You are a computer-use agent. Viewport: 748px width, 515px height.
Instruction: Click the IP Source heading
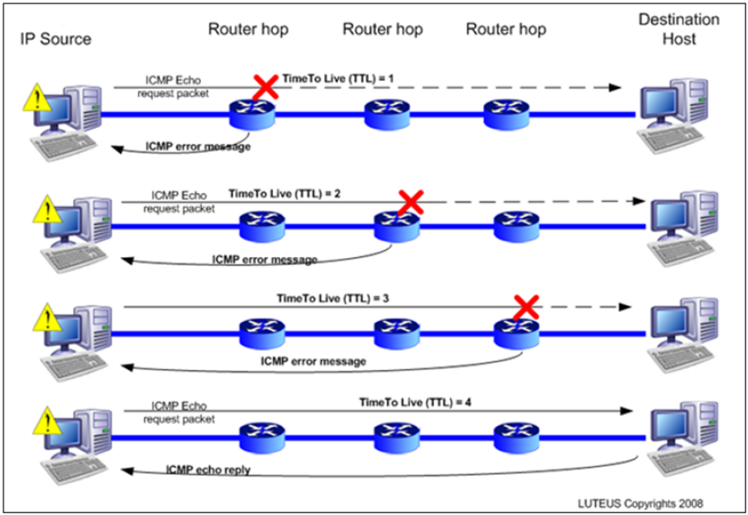coord(54,39)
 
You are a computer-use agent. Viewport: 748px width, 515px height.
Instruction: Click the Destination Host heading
coord(679,28)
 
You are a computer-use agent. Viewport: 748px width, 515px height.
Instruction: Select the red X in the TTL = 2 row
coord(407,202)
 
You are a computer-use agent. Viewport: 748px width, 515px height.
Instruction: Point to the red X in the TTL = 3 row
coord(526,306)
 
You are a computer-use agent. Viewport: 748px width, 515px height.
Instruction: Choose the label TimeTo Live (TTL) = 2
coord(284,193)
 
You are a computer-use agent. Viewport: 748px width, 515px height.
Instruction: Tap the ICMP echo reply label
coord(208,470)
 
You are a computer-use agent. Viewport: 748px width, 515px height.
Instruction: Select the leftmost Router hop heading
coord(248,29)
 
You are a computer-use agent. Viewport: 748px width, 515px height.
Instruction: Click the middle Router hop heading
coord(382,29)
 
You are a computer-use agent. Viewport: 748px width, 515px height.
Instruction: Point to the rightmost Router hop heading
coord(506,29)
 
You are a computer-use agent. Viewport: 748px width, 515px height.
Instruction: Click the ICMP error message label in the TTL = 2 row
coord(264,260)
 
